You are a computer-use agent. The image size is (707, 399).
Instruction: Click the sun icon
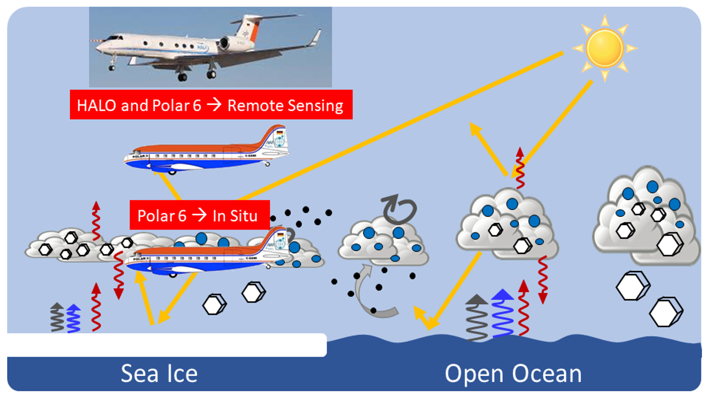(x=604, y=48)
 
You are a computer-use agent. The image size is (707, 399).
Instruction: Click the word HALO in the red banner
(x=97, y=105)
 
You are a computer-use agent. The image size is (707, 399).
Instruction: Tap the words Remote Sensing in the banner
(x=285, y=105)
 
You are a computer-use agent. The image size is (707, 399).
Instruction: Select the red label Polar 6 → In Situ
(x=199, y=215)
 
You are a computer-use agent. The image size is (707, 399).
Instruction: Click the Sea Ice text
(x=159, y=374)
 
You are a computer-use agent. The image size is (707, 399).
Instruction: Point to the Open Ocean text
(x=513, y=374)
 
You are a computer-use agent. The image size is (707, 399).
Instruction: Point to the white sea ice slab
(x=165, y=345)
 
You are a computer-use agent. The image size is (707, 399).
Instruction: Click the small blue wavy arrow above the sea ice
(x=74, y=318)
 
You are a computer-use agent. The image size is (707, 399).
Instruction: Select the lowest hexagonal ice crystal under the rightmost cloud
(x=666, y=312)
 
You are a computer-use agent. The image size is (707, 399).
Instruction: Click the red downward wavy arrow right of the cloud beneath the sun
(x=542, y=279)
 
